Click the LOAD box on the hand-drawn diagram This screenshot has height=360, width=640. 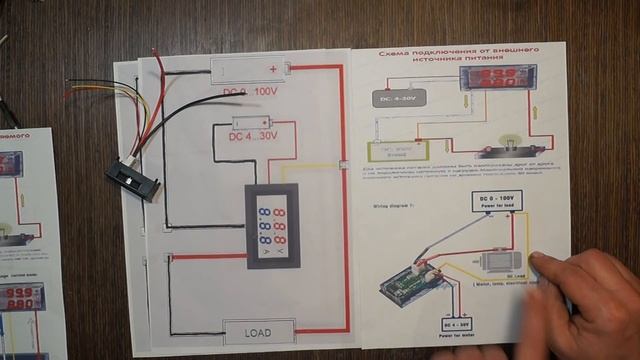tap(259, 332)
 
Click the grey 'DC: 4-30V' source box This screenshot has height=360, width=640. tap(398, 98)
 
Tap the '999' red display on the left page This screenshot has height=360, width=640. tap(9, 164)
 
